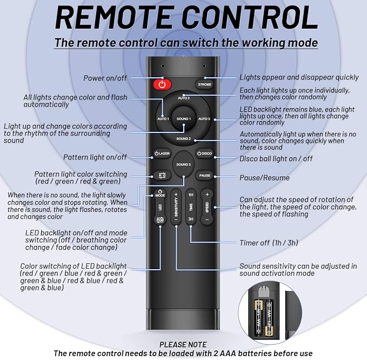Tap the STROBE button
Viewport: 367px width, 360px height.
[x=204, y=84]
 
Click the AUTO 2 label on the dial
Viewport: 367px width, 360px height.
[x=184, y=98]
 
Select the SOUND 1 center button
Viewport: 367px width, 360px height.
[x=184, y=119]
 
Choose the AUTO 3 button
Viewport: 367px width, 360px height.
[x=204, y=119]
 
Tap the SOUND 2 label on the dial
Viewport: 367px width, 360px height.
[x=184, y=139]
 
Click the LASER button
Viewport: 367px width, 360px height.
[x=162, y=154]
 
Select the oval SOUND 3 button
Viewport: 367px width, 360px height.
[x=184, y=164]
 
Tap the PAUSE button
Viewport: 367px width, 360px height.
[x=204, y=176]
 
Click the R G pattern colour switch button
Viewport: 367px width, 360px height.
[x=162, y=176]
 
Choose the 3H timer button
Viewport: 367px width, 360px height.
[x=191, y=219]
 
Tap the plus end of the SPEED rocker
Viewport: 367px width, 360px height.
[x=207, y=195]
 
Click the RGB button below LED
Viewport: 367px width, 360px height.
[x=160, y=220]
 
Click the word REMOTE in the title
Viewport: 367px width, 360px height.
[x=115, y=18]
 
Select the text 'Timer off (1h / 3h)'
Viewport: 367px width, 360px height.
[x=269, y=243]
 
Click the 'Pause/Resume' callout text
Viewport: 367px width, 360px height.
[x=264, y=178]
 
